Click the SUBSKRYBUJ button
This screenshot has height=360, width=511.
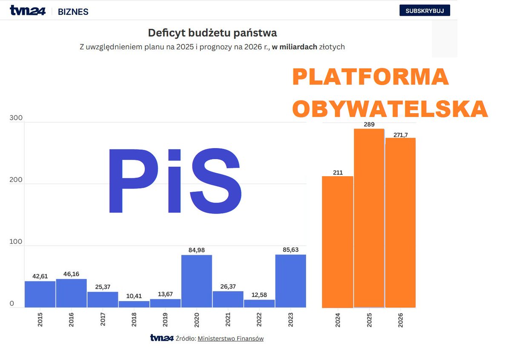(425, 11)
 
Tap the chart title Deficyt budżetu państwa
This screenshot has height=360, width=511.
(212, 33)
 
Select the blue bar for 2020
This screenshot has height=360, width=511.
(197, 281)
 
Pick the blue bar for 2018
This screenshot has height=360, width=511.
(134, 304)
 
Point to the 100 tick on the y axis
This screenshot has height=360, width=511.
(14, 241)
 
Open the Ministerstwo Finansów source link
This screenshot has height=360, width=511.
(230, 339)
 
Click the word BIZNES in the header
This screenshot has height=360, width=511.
(73, 12)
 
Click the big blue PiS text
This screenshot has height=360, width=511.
(175, 181)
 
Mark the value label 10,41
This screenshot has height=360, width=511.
(134, 296)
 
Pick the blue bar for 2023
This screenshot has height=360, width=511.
(291, 281)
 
